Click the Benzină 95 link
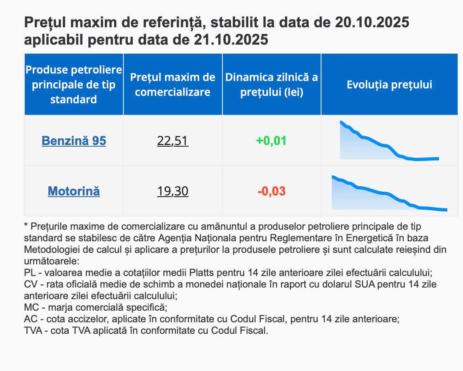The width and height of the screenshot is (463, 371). click(x=74, y=141)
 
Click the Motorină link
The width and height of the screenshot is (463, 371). click(x=74, y=191)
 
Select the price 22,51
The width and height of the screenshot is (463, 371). click(x=172, y=141)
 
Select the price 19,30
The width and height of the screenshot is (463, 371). click(x=172, y=191)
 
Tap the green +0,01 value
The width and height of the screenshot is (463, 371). click(x=271, y=141)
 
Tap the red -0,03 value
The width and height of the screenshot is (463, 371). click(x=272, y=191)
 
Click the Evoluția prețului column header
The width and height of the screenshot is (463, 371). click(x=389, y=85)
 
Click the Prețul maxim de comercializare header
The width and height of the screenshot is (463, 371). click(x=172, y=84)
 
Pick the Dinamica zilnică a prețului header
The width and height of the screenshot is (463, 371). click(x=272, y=84)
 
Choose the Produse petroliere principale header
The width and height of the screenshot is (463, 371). click(x=74, y=84)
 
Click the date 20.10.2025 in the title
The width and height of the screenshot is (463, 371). click(x=372, y=22)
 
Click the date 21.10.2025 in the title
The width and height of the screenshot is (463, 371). click(x=231, y=40)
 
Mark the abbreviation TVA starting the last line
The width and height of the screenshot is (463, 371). click(x=33, y=331)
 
